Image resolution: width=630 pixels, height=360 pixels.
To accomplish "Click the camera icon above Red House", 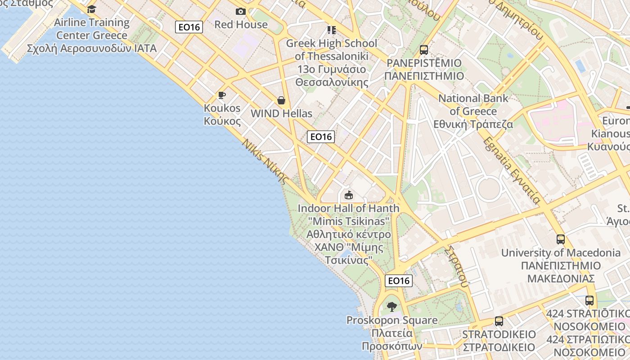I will tap(241, 11).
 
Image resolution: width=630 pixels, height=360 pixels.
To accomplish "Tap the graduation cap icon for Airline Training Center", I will tap(92, 9).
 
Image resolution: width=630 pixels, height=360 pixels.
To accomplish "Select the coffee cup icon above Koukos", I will tap(221, 95).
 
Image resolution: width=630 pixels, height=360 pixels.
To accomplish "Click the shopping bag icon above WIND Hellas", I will tap(281, 100).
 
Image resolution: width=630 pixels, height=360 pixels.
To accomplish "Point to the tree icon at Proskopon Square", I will tap(392, 307).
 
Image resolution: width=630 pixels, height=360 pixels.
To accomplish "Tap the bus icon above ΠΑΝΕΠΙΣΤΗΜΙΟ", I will tap(424, 49).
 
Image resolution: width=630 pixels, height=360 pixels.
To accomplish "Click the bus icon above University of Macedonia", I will tap(560, 239).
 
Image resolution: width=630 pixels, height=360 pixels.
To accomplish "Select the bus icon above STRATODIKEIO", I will tap(499, 321).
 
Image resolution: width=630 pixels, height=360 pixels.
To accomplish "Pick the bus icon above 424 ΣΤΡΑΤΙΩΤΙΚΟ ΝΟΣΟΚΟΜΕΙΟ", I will tap(589, 300).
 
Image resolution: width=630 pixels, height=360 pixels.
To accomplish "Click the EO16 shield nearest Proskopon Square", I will tap(399, 281).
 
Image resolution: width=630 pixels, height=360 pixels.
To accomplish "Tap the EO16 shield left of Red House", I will tap(189, 27).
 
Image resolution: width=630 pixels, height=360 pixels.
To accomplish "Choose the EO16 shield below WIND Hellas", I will tap(321, 137).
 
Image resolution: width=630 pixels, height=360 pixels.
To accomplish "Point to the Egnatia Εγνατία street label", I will tap(512, 171).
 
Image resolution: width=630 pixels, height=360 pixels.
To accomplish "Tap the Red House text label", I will tap(241, 24).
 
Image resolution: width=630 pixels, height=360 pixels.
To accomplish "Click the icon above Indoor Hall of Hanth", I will tap(348, 195).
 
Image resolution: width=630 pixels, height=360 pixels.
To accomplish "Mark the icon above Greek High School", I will tap(332, 30).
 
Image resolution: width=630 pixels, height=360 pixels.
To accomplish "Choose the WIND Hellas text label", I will tap(281, 113).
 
